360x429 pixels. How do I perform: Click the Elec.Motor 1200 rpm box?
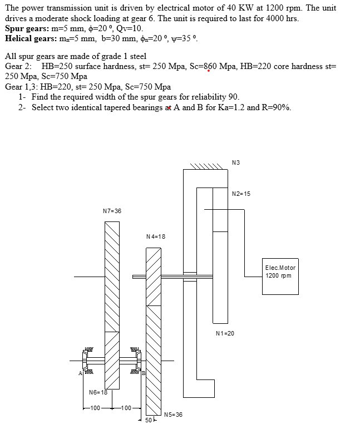[x=280, y=272]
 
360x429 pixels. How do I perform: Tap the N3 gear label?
[x=236, y=162]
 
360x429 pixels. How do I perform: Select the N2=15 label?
[x=241, y=194]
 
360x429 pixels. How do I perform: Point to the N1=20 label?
[x=225, y=333]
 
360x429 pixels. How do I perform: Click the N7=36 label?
[x=112, y=211]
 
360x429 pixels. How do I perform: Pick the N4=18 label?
[x=155, y=236]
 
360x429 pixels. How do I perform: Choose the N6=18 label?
[x=98, y=393]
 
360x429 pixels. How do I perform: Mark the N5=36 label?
[x=173, y=415]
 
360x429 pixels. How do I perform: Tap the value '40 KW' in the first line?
[x=224, y=8]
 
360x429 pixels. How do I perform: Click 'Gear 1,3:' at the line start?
[x=21, y=87]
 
